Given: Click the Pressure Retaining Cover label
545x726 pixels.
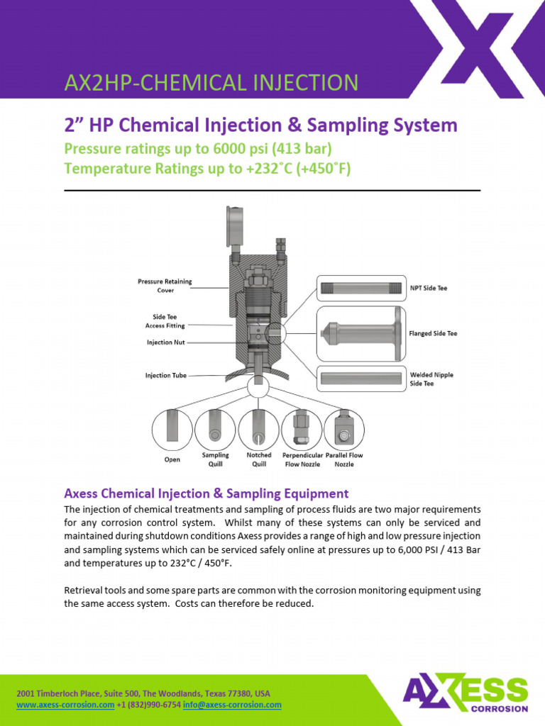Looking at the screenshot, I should point(165,286).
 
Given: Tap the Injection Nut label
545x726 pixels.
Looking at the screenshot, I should point(159,342).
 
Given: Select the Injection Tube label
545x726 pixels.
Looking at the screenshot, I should point(166,375).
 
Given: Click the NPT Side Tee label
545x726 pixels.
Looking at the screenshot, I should point(429,289).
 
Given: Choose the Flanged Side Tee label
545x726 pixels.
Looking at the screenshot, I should point(433,333).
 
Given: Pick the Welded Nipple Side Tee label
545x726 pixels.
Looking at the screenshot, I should point(431,379).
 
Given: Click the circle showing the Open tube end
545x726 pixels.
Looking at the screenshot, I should point(172,430).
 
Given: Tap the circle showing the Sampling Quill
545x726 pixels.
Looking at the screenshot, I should point(216,430).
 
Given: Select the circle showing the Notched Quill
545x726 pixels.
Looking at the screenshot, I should point(259,430).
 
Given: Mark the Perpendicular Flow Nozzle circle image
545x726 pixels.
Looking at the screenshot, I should point(302,430).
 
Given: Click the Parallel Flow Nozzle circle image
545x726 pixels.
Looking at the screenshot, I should point(344,430).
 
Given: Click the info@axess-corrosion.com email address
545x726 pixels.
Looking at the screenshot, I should point(241,705).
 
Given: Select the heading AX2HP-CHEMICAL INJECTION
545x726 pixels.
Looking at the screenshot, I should point(211,83).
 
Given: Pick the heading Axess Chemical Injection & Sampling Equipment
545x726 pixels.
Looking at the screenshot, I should point(206,493).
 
